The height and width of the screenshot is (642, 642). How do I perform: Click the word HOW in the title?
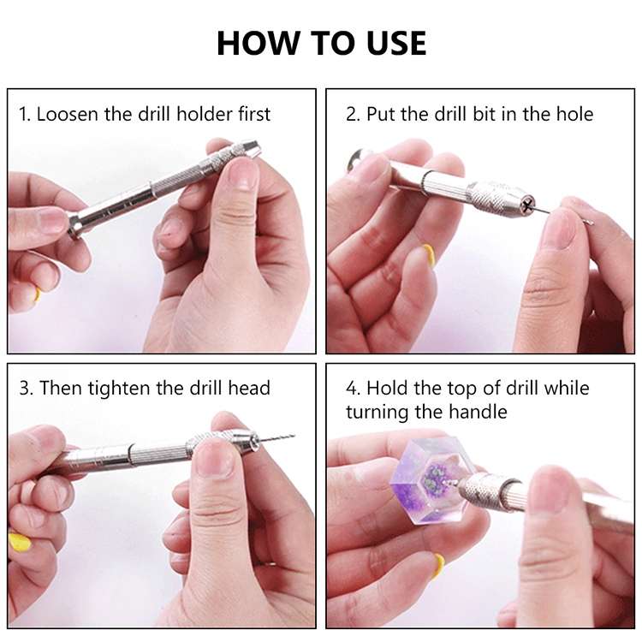click(258, 43)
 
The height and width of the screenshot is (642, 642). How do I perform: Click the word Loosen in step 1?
click(68, 114)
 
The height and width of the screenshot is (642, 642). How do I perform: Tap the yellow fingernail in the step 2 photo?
click(427, 255)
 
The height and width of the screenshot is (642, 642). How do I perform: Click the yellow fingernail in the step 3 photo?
click(19, 542)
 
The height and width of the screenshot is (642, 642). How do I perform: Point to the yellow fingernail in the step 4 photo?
click(438, 565)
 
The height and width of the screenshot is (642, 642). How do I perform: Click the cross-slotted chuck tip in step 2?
click(526, 205)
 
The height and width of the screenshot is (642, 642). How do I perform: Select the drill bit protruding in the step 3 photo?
click(276, 438)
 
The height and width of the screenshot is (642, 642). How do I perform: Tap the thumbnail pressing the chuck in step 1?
click(243, 174)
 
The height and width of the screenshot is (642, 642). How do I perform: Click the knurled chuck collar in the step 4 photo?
click(480, 490)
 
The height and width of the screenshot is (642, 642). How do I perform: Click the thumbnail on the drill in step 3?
click(213, 458)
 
